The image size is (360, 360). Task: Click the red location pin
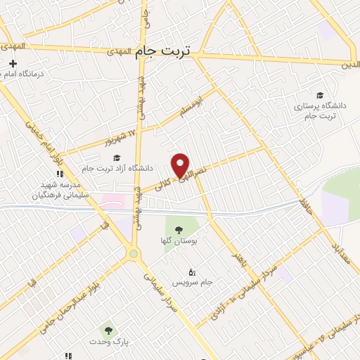pos(181,165)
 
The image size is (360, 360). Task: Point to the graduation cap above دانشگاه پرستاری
pos(320,95)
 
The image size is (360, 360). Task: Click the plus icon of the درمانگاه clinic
pos(13,64)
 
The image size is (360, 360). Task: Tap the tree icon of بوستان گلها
pos(177,229)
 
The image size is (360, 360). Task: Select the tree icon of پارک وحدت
pos(108,329)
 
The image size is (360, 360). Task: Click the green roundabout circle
pos(133,254)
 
